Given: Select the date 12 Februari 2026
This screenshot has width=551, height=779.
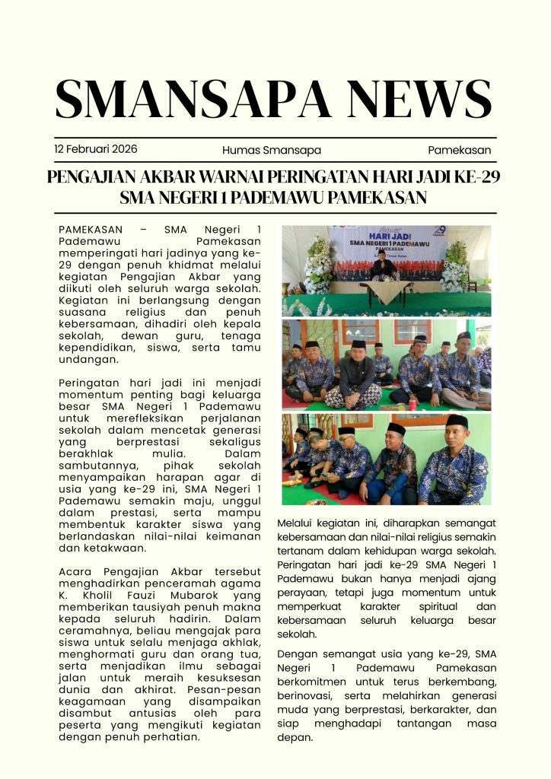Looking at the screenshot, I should point(96,149).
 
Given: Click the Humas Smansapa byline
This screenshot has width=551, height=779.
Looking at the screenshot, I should point(272,150).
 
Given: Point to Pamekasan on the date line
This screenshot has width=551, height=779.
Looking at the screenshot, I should point(459,150).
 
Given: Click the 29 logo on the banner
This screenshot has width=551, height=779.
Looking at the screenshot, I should point(439,231).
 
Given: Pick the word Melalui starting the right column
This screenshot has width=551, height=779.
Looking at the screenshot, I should point(298,523).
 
